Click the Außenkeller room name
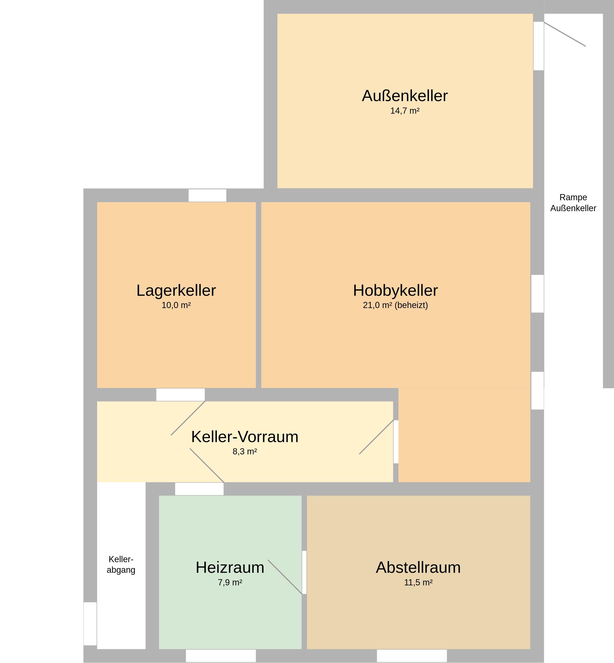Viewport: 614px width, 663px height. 405,96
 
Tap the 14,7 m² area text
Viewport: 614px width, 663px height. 405,111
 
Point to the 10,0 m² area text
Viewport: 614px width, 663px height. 176,305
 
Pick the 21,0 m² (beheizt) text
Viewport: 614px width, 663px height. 395,305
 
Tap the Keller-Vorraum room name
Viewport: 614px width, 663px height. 245,437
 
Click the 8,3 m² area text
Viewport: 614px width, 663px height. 245,452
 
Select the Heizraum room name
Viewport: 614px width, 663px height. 230,567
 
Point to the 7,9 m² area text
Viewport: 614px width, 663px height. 230,583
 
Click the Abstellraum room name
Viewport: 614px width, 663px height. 418,567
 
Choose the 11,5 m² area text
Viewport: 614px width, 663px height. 418,583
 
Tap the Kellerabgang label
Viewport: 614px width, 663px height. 121,565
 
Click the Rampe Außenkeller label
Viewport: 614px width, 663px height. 573,203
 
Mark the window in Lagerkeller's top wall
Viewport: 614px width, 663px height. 207,195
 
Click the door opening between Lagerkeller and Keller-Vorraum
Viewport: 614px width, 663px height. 180,395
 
